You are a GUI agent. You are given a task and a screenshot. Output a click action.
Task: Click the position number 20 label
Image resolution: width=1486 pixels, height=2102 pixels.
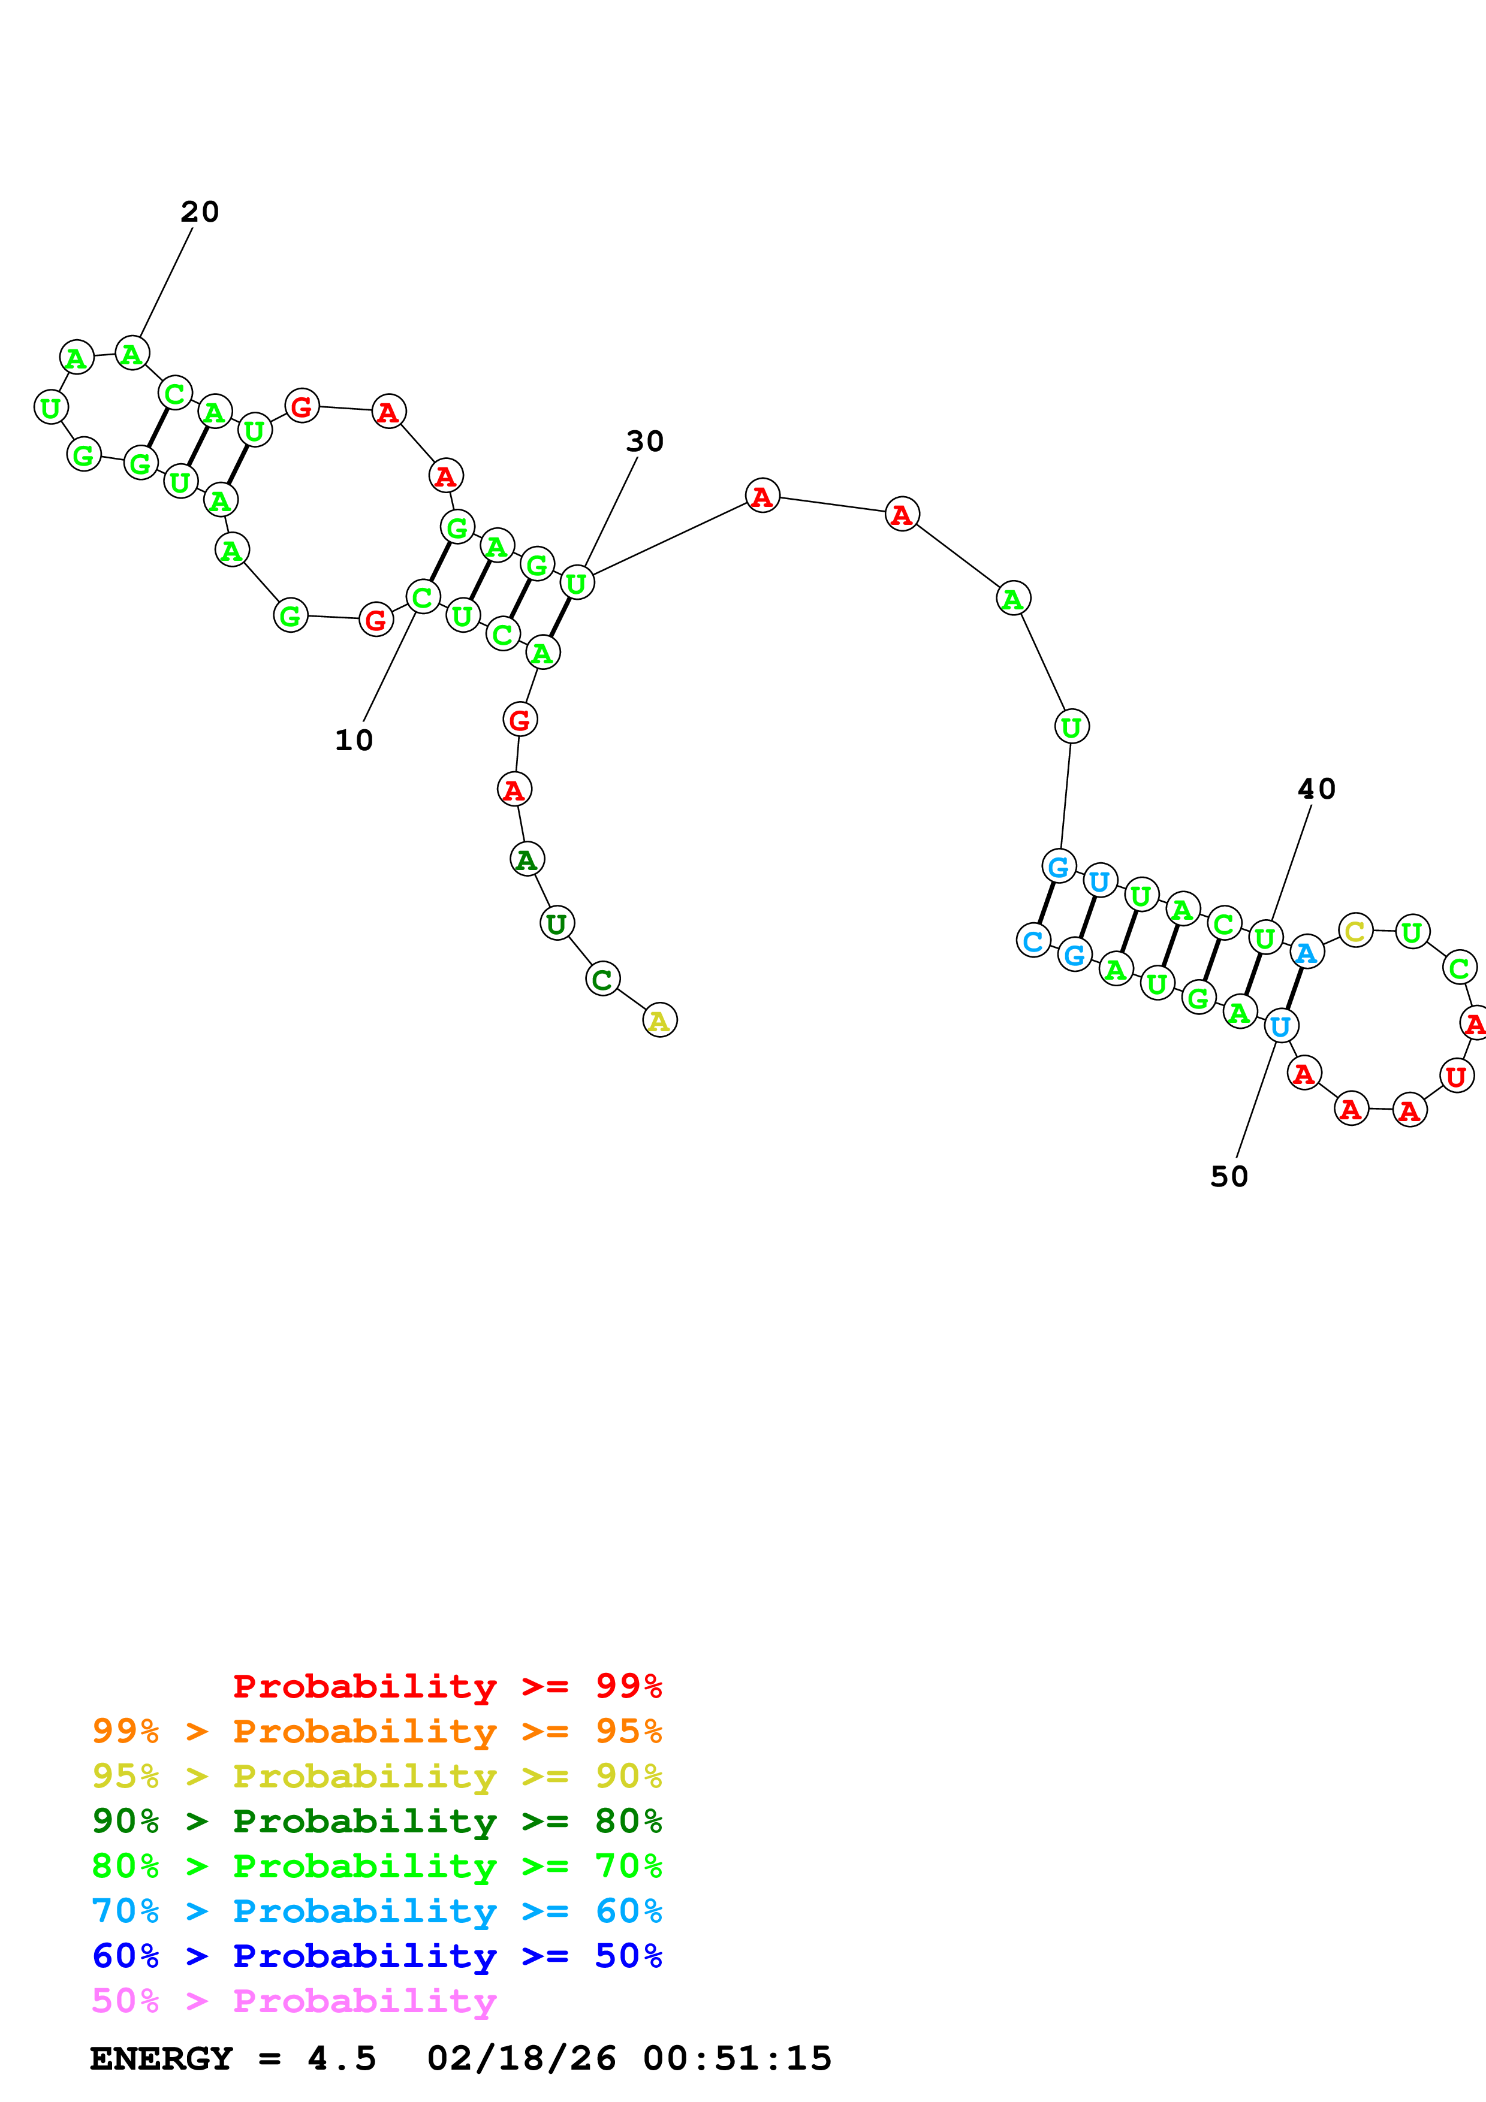click(200, 212)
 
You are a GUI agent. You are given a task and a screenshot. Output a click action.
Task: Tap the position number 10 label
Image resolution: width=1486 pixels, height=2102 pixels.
click(354, 740)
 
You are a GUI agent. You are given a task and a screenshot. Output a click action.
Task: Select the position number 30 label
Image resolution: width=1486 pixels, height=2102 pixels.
click(644, 441)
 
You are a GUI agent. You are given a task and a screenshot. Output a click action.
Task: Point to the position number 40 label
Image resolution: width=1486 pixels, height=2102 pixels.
click(1316, 789)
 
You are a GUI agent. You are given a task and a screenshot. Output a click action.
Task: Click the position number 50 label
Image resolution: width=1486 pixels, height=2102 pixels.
click(1229, 1176)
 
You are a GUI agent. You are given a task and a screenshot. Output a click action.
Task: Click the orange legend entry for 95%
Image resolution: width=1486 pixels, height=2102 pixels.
click(376, 1731)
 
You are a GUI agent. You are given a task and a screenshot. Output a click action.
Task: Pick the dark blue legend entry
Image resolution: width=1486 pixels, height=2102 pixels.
click(376, 1956)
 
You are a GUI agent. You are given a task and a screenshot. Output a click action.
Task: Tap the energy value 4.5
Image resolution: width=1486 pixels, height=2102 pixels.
click(342, 2058)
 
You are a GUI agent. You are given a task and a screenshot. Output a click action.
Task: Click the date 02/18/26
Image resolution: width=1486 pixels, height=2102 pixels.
click(521, 2058)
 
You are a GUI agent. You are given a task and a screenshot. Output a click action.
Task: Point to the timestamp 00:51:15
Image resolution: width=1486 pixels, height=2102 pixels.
click(737, 2058)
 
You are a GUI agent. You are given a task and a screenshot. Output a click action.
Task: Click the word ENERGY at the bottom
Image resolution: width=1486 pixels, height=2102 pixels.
click(161, 2058)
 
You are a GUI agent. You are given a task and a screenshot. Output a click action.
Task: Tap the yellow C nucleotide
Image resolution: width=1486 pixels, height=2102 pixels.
click(1355, 931)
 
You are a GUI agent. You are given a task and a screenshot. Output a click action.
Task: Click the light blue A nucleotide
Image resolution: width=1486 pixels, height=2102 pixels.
click(1307, 953)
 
